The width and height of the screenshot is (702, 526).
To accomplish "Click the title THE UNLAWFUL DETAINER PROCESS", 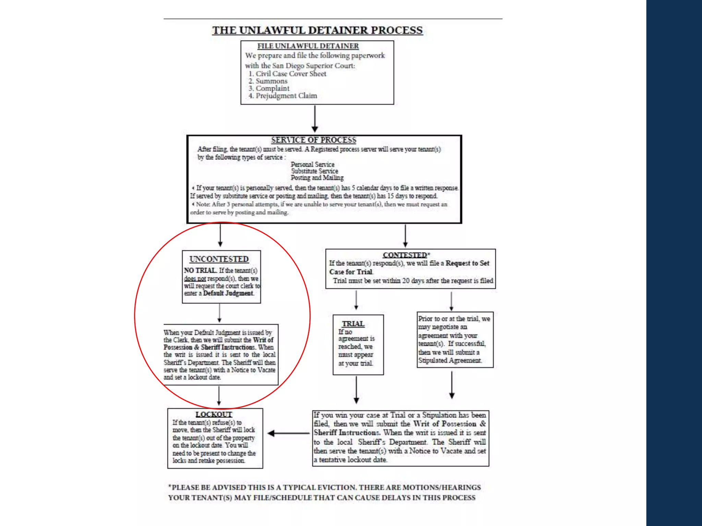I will [x=317, y=30].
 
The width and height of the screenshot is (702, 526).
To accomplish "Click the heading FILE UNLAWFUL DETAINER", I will [x=308, y=46].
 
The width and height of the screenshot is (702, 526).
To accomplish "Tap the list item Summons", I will [x=271, y=81].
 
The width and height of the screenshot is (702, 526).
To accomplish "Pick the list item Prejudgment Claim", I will [x=286, y=96].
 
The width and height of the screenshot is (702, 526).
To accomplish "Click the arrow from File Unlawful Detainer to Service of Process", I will [x=315, y=118].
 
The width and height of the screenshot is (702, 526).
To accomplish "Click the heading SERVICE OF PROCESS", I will [x=314, y=140].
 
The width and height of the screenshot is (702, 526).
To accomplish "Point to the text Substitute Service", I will [x=314, y=171].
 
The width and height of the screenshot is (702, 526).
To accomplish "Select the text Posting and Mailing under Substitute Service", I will [x=317, y=178].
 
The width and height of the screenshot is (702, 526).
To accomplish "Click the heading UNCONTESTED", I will [x=219, y=259].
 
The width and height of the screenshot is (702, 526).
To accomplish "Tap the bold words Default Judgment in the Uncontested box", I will [x=228, y=293].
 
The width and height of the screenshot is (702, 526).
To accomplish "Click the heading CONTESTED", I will [x=405, y=255].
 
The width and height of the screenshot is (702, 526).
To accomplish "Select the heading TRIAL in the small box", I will [x=353, y=324].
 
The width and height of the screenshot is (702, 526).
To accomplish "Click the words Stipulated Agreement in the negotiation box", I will [x=449, y=361].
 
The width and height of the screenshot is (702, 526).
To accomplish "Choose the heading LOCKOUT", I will [x=214, y=414].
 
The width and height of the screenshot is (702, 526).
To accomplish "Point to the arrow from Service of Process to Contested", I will [x=405, y=236].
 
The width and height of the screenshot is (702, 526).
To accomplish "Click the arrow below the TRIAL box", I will [x=356, y=390].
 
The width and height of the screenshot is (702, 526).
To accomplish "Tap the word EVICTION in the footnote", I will [x=334, y=487].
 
